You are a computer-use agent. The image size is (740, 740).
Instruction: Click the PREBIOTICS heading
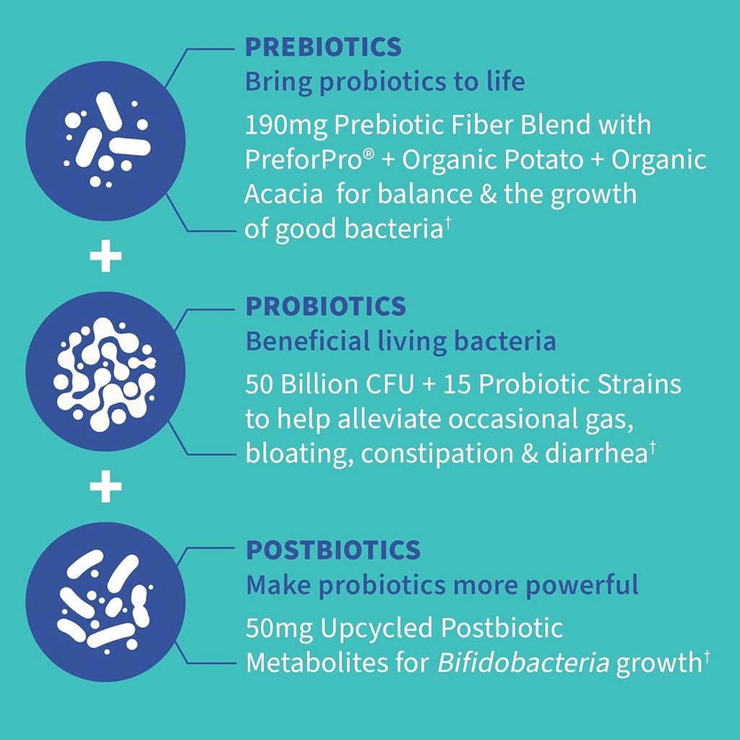322,47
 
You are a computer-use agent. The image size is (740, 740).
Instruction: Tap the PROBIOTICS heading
325,306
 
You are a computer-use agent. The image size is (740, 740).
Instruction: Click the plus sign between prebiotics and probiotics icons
106,258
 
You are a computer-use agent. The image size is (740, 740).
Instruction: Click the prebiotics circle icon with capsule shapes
106,140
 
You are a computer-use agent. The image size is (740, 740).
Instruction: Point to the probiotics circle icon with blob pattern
106,373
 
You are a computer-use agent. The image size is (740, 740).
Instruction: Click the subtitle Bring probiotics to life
385,82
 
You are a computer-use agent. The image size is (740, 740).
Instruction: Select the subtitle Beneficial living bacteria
401,341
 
